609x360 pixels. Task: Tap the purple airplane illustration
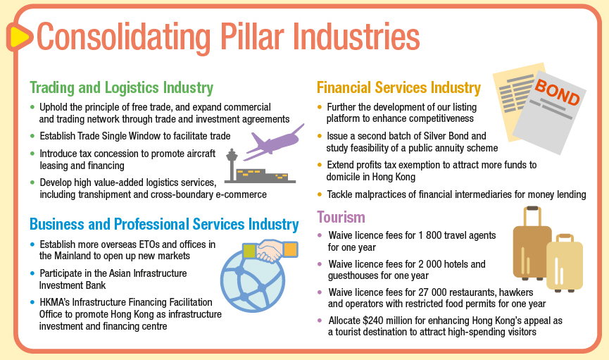[274, 142]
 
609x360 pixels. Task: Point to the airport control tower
[232, 165]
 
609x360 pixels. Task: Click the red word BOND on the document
[557, 92]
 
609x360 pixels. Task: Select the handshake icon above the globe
[270, 251]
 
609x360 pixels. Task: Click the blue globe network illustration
[253, 280]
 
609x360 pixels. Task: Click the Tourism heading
[341, 217]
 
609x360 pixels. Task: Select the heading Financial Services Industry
[398, 87]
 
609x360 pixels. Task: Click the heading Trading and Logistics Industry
[122, 87]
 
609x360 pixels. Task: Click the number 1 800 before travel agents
[429, 235]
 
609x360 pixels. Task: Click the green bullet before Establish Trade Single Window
[32, 136]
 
